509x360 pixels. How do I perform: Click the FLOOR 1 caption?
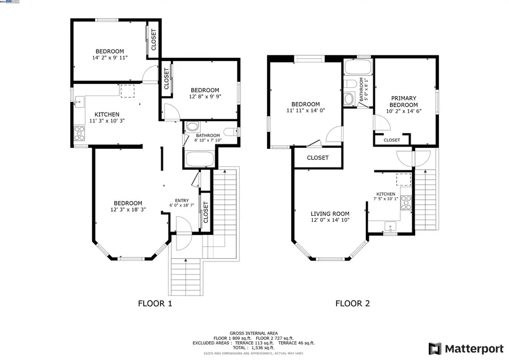pos(155,303)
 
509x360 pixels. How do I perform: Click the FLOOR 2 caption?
pos(352,303)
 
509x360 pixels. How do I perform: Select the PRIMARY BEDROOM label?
pos(404,102)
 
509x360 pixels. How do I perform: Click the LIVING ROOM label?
pos(330,214)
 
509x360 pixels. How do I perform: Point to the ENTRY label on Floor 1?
pos(182,200)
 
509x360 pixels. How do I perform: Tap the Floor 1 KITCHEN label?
pos(106,114)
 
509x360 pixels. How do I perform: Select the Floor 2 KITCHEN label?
pos(386,194)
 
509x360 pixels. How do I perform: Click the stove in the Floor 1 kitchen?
pos(79,134)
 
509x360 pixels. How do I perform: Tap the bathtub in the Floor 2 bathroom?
pos(357,68)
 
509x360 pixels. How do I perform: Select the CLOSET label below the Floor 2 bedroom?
pos(317,158)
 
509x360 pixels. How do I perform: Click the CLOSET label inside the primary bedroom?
pos(392,140)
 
